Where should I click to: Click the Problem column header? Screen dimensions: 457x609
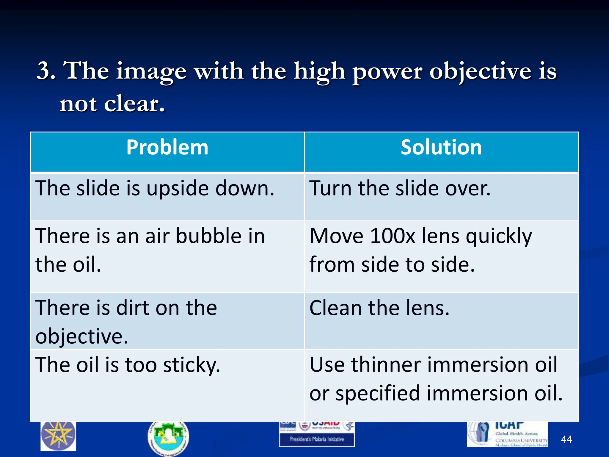click(x=167, y=148)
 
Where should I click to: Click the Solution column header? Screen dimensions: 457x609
click(x=441, y=148)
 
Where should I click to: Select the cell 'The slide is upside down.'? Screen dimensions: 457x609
click(x=155, y=189)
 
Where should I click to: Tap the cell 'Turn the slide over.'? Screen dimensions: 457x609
click(x=400, y=189)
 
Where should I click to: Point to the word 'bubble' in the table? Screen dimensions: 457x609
click(x=208, y=236)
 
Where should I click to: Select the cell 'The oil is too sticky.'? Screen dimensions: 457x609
click(x=128, y=365)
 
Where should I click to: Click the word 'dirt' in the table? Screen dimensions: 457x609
click(x=133, y=308)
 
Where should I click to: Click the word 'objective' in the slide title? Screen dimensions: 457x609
click(x=480, y=71)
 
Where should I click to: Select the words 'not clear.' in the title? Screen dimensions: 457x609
click(x=112, y=104)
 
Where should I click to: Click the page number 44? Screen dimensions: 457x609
click(x=566, y=439)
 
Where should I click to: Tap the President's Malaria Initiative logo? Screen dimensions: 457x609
click(x=317, y=434)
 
